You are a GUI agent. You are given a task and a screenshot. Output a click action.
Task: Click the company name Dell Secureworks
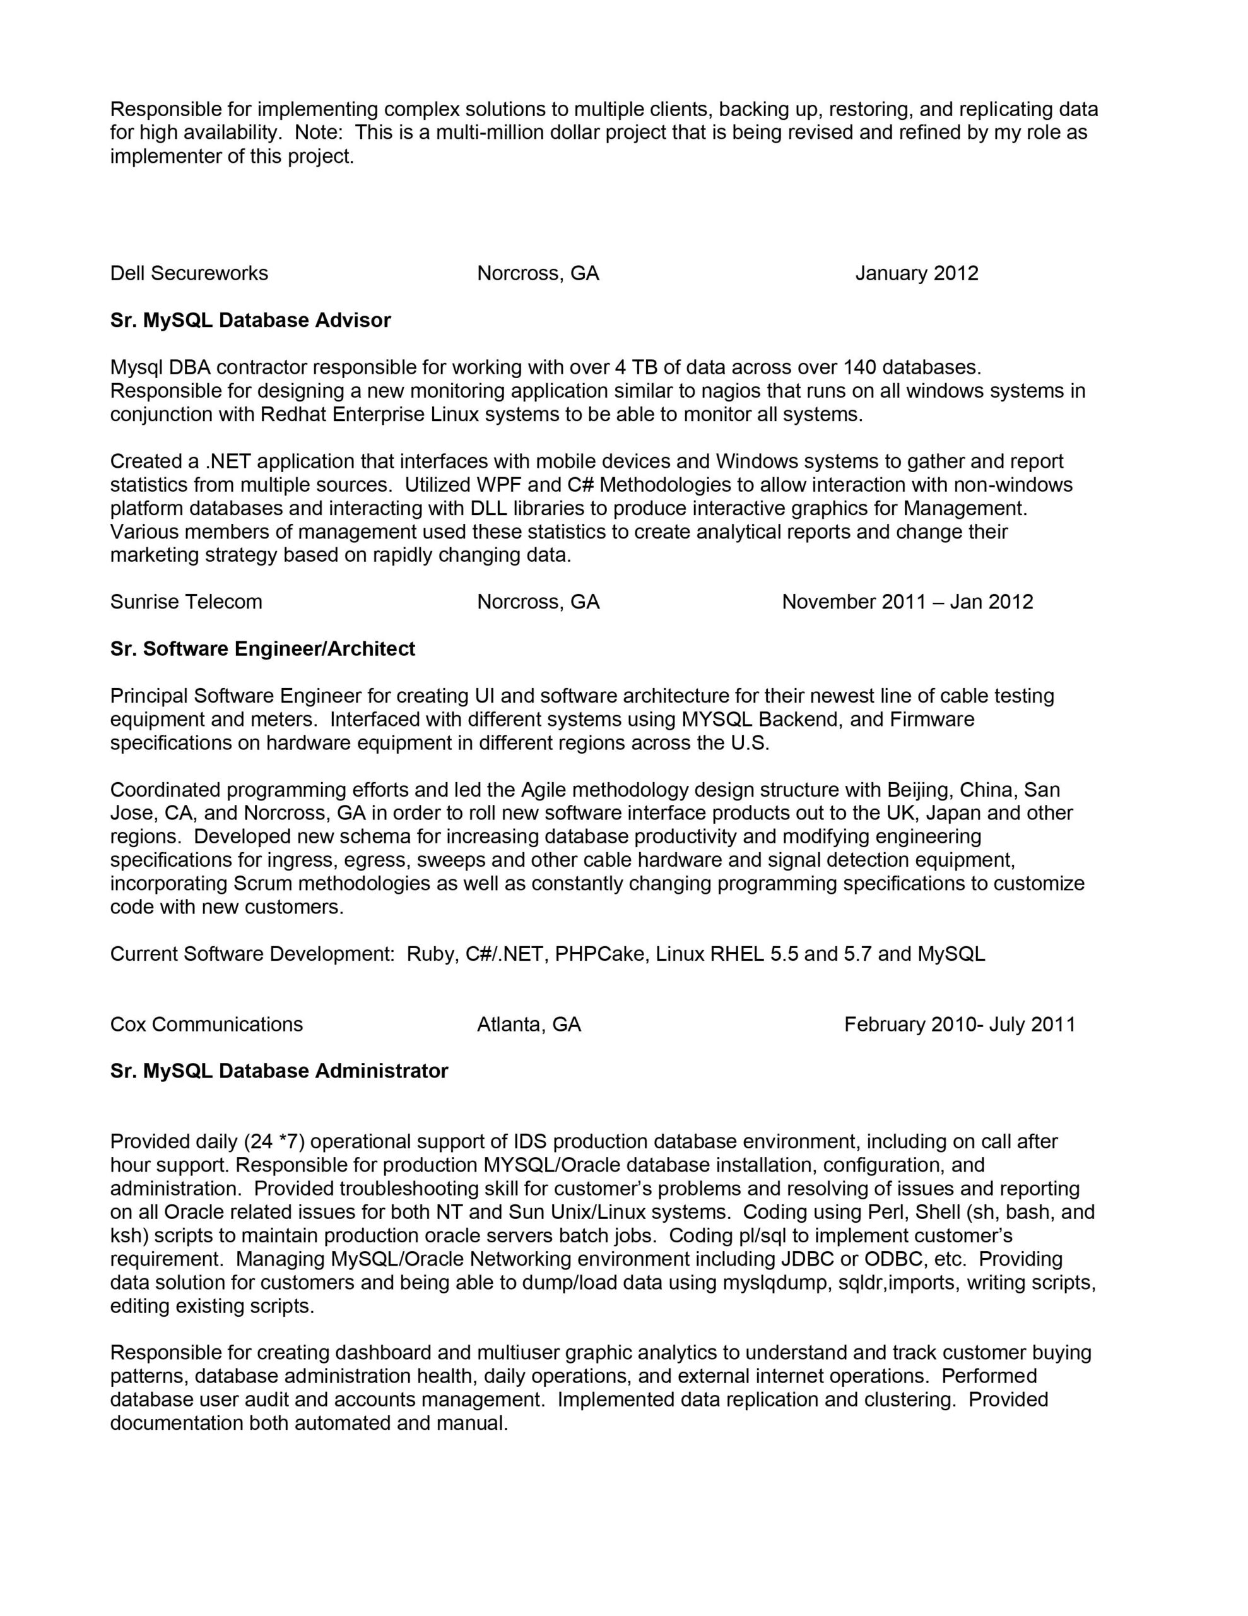pyautogui.click(x=189, y=274)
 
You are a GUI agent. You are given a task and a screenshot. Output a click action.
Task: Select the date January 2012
pyautogui.click(x=917, y=274)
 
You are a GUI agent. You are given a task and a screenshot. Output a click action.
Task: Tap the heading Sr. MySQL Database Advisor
pyautogui.click(x=250, y=321)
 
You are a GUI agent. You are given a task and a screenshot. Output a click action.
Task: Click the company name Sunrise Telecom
pyautogui.click(x=185, y=602)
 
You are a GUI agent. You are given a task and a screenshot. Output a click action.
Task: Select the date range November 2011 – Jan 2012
pyautogui.click(x=907, y=602)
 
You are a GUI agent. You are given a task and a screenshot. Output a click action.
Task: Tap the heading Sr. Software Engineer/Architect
pyautogui.click(x=262, y=649)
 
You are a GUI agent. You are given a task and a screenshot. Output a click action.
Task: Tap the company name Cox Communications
pyautogui.click(x=206, y=1025)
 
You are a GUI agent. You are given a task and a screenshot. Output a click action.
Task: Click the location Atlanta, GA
pyautogui.click(x=529, y=1025)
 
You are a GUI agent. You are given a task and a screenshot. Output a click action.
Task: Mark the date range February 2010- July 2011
pyautogui.click(x=960, y=1025)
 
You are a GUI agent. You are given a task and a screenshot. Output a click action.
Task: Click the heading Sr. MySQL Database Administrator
pyautogui.click(x=279, y=1071)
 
